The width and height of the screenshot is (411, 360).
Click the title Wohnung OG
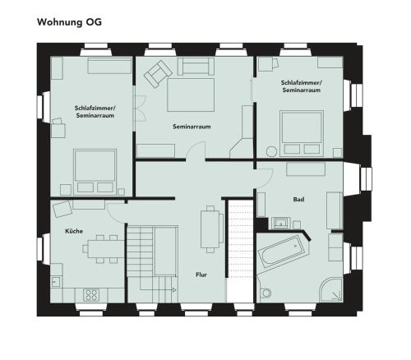69,22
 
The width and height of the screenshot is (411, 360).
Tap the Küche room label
74,231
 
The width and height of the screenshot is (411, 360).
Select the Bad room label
298,200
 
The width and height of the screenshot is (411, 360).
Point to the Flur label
201,275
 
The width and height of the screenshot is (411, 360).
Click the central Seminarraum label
192,127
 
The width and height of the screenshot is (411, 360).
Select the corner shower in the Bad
331,290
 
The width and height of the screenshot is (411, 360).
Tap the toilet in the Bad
265,293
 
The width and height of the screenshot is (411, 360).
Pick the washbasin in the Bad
281,223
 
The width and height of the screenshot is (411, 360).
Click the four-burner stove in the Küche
91,295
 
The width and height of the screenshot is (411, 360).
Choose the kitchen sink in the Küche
56,282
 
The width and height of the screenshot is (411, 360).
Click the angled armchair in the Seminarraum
158,74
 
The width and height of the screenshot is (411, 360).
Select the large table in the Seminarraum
191,95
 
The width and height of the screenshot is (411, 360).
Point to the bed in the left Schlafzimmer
95,172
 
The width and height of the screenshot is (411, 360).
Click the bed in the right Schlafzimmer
302,133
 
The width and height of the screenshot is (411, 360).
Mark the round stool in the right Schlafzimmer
272,151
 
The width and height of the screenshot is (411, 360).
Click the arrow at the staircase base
174,289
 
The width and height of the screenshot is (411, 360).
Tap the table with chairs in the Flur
211,229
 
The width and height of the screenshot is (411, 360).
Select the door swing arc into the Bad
270,180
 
